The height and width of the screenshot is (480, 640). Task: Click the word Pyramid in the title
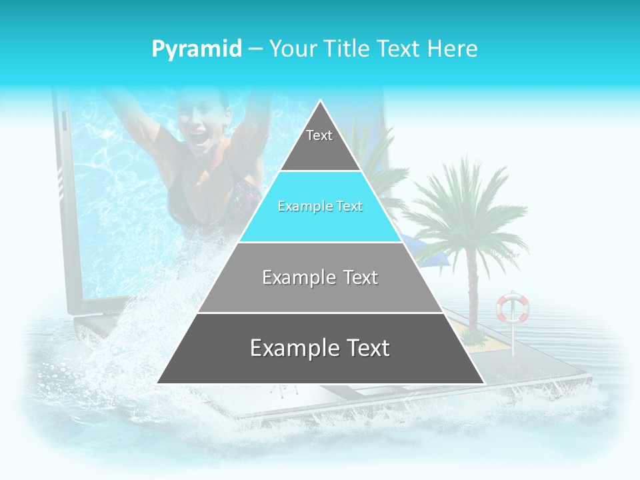pyautogui.click(x=197, y=49)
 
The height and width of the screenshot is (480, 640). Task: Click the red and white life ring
pyautogui.click(x=512, y=307)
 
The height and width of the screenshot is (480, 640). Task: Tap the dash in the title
pyautogui.click(x=255, y=49)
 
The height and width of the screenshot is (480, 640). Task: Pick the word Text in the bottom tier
pyautogui.click(x=363, y=349)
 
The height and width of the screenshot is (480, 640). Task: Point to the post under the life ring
pyautogui.click(x=513, y=340)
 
